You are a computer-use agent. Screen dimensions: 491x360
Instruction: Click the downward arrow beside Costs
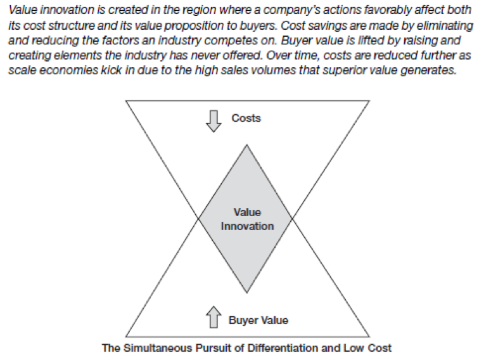tap(214, 121)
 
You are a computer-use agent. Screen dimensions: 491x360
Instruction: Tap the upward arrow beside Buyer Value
tap(214, 317)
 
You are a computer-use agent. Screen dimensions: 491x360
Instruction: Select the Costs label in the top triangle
tap(246, 118)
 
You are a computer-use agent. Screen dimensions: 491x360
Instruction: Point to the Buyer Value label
tap(258, 320)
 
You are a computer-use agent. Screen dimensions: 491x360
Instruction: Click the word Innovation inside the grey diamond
tap(247, 226)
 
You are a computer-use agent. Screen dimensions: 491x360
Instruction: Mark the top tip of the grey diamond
tap(246, 145)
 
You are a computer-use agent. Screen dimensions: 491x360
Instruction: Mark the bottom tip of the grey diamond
tap(246, 293)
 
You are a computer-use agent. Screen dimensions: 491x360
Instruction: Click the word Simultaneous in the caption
tap(158, 348)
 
